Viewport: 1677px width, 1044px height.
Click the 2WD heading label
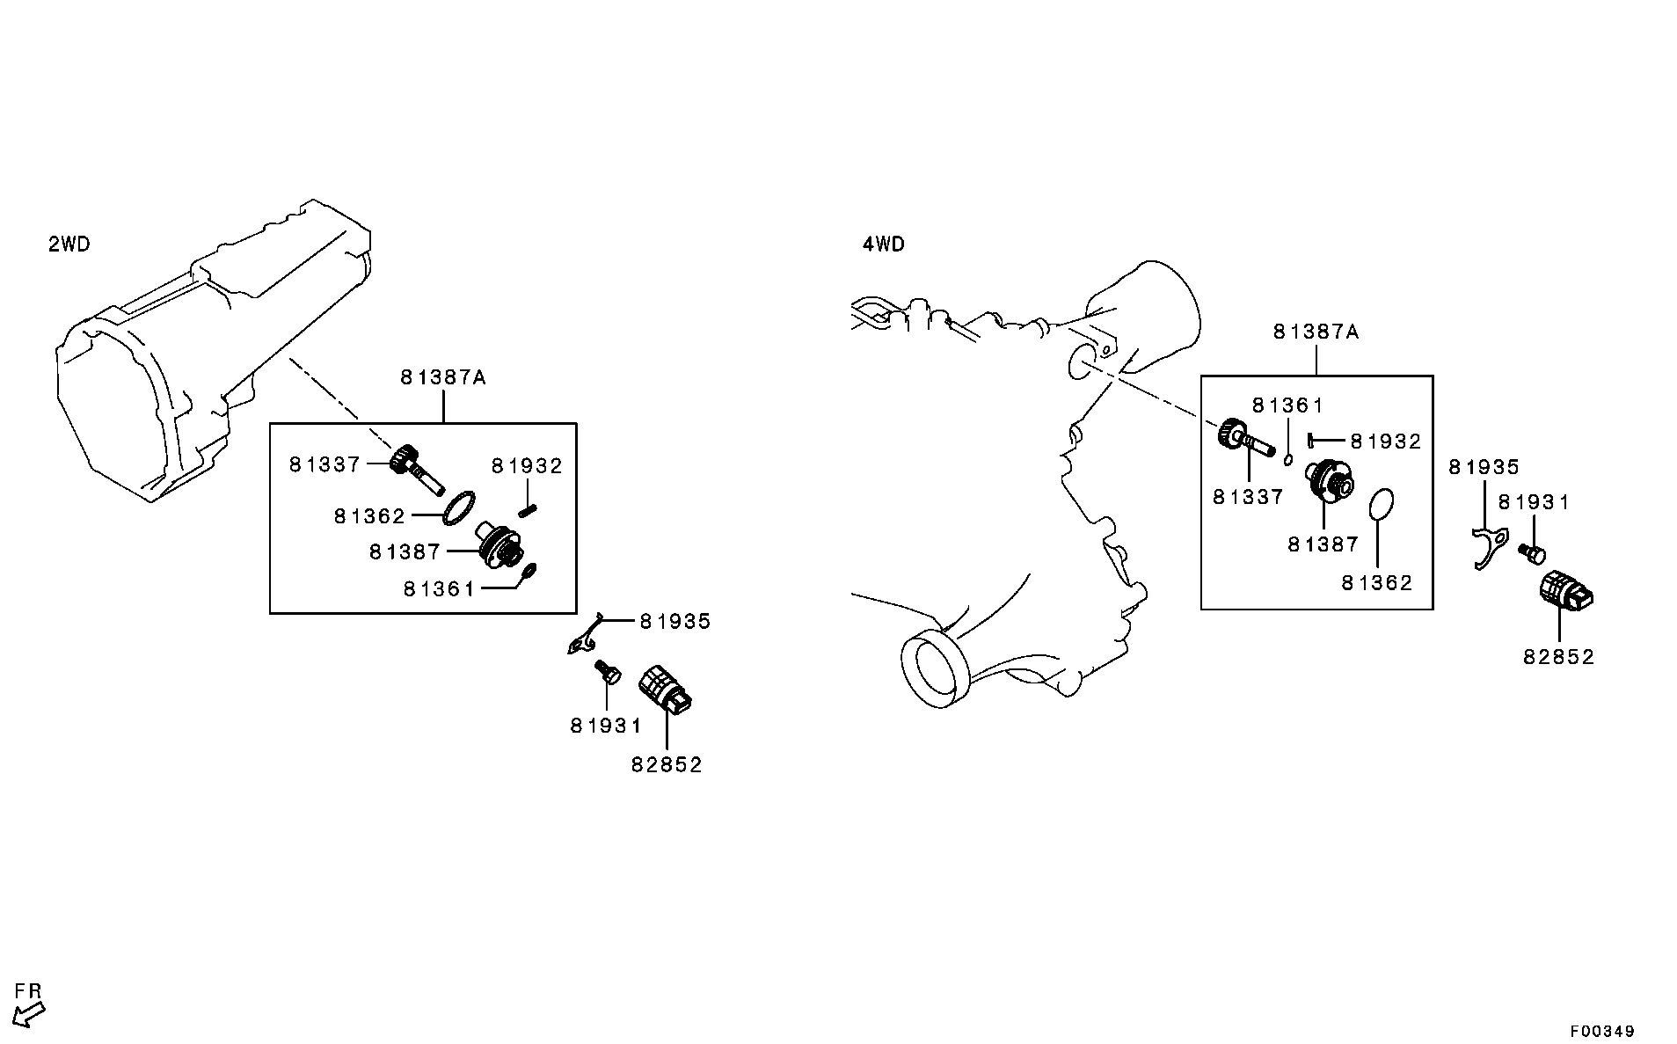click(x=69, y=245)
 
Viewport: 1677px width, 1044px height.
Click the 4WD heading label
click(x=884, y=245)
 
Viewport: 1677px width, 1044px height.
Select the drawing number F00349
click(x=1602, y=1031)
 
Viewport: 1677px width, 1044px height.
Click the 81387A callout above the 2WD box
click(x=443, y=377)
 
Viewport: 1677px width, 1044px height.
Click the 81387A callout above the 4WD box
click(x=1316, y=332)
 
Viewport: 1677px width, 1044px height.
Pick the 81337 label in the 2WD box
click(x=325, y=464)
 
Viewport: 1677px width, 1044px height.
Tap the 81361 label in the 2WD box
click(x=439, y=589)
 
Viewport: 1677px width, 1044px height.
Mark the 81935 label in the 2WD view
click(x=674, y=621)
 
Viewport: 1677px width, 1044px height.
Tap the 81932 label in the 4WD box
click(x=1386, y=442)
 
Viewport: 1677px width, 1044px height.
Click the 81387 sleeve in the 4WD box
click(x=1331, y=483)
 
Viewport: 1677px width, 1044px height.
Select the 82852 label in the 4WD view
click(x=1559, y=657)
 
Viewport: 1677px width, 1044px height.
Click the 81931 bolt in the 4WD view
click(x=1531, y=552)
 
